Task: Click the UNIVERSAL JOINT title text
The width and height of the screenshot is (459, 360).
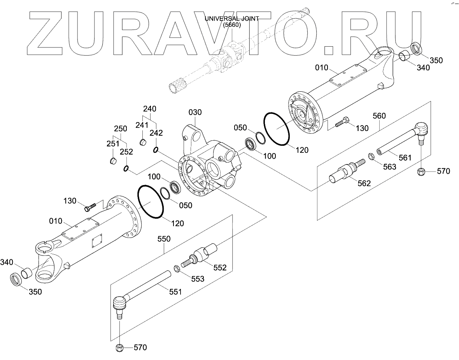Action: pyautogui.click(x=231, y=19)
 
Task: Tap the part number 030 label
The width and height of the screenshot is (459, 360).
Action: pyautogui.click(x=195, y=112)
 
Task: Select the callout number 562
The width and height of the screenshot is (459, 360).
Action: pyautogui.click(x=364, y=183)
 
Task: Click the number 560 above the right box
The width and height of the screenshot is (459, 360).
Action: pyautogui.click(x=379, y=115)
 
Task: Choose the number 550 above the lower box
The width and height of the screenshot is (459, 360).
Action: pyautogui.click(x=163, y=239)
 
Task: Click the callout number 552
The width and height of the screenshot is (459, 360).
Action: pyautogui.click(x=220, y=268)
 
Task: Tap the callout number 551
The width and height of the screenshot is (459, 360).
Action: pyautogui.click(x=175, y=292)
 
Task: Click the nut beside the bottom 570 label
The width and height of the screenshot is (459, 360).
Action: pyautogui.click(x=120, y=348)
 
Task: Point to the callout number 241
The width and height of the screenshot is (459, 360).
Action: pyautogui.click(x=142, y=125)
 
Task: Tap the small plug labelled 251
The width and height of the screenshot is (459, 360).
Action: pyautogui.click(x=112, y=160)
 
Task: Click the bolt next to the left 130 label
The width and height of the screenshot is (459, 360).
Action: pyautogui.click(x=89, y=207)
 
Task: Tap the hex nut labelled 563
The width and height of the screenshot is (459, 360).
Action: pyautogui.click(x=371, y=157)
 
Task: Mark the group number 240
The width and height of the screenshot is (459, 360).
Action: pyautogui.click(x=150, y=108)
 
